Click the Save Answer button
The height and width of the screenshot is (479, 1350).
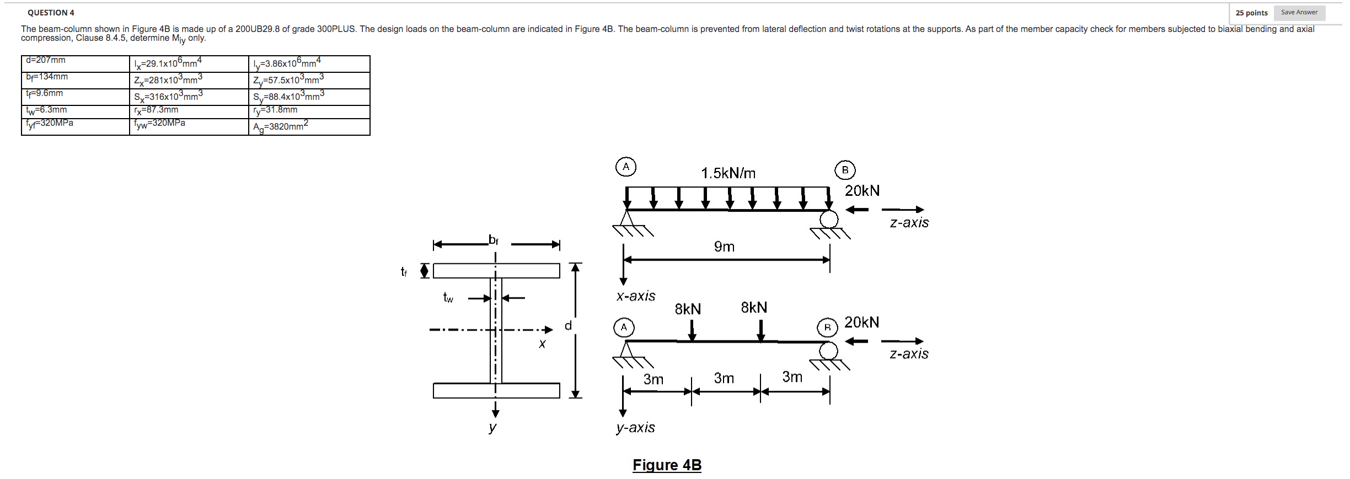[1299, 13]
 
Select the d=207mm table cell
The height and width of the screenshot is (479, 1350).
[75, 63]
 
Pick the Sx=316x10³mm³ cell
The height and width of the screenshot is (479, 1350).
[189, 97]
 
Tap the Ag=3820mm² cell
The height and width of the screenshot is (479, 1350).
[309, 126]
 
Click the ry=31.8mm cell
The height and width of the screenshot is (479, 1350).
[309, 111]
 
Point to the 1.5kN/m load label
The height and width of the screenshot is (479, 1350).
[728, 173]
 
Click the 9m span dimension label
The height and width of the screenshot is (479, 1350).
[724, 247]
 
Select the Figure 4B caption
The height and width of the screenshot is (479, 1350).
[667, 465]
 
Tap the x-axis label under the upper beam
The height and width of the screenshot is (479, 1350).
[636, 296]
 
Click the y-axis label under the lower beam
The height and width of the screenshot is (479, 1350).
[635, 428]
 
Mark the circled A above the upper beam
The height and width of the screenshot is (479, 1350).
[626, 167]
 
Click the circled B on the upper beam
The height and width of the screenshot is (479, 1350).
[845, 170]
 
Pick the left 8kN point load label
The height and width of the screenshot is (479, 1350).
[688, 309]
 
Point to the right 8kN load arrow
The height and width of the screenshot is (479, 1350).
[760, 330]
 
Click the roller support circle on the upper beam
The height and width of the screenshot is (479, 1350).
[828, 219]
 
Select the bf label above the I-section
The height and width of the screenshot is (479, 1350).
[493, 240]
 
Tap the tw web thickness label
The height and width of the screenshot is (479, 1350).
[448, 298]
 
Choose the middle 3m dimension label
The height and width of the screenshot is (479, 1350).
[724, 378]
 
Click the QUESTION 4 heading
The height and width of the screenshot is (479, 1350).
[51, 13]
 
